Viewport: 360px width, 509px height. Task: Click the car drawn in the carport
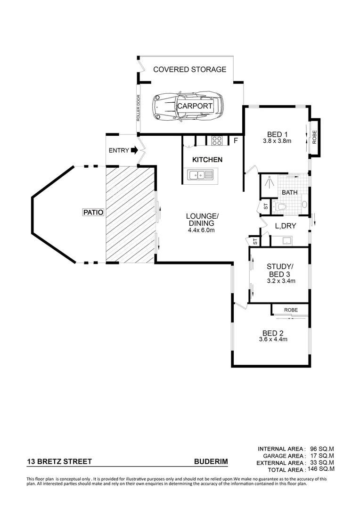pyautogui.click(x=188, y=107)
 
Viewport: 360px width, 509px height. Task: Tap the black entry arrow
pyautogui.click(x=134, y=151)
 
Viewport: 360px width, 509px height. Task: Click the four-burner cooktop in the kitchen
pyautogui.click(x=217, y=140)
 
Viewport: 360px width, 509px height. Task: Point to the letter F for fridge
pyautogui.click(x=236, y=140)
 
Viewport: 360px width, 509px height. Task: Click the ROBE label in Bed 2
pyautogui.click(x=290, y=310)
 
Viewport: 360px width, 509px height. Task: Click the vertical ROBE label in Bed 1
pyautogui.click(x=315, y=136)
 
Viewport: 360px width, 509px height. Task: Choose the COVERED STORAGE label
pyautogui.click(x=190, y=69)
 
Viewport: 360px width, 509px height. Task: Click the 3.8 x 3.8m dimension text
pyautogui.click(x=277, y=140)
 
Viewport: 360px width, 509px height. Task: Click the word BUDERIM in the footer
pyautogui.click(x=211, y=462)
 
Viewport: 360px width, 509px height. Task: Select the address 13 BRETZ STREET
pyautogui.click(x=59, y=462)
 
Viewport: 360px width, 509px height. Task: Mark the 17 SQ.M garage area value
pyautogui.click(x=323, y=456)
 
